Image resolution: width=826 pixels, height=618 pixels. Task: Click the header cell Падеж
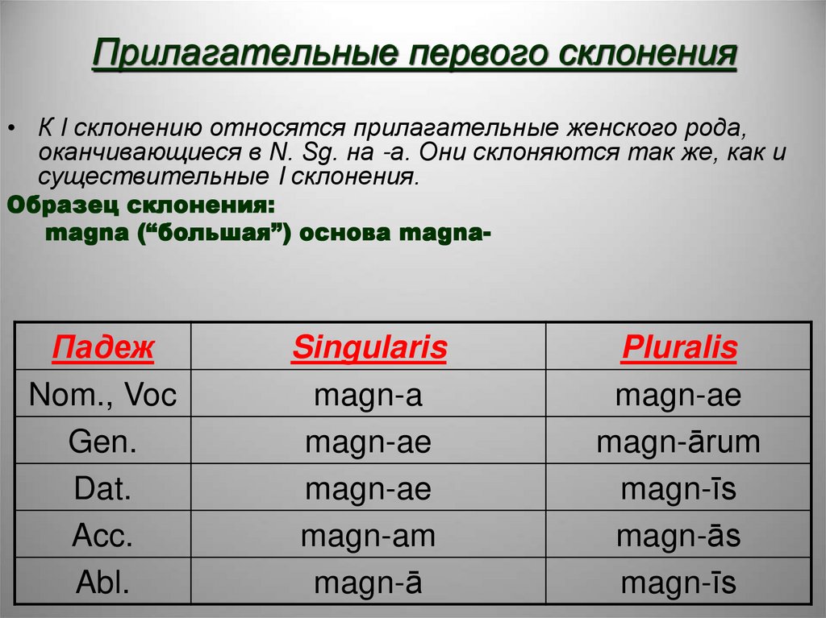click(102, 348)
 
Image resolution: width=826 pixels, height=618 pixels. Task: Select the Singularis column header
click(369, 348)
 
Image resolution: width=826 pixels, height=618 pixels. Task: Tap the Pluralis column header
click(679, 348)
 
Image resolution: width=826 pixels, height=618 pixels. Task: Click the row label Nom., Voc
click(102, 395)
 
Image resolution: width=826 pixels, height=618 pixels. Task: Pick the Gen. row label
click(102, 442)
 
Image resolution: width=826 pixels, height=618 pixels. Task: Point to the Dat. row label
click(102, 488)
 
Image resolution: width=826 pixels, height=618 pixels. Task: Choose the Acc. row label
click(102, 535)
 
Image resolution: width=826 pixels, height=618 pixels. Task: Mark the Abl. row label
click(102, 583)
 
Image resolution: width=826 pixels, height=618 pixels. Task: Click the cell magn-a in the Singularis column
click(369, 395)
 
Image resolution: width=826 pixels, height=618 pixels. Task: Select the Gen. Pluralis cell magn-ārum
click(679, 442)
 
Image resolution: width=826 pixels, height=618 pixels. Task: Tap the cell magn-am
click(369, 535)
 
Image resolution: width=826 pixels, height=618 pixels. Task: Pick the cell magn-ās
click(679, 535)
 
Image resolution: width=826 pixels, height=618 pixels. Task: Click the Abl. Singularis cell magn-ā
click(369, 583)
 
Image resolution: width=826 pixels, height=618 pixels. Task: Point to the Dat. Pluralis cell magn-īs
click(679, 488)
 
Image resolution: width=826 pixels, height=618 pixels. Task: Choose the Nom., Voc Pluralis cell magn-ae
click(679, 395)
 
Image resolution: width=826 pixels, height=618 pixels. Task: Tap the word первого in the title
click(468, 56)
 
